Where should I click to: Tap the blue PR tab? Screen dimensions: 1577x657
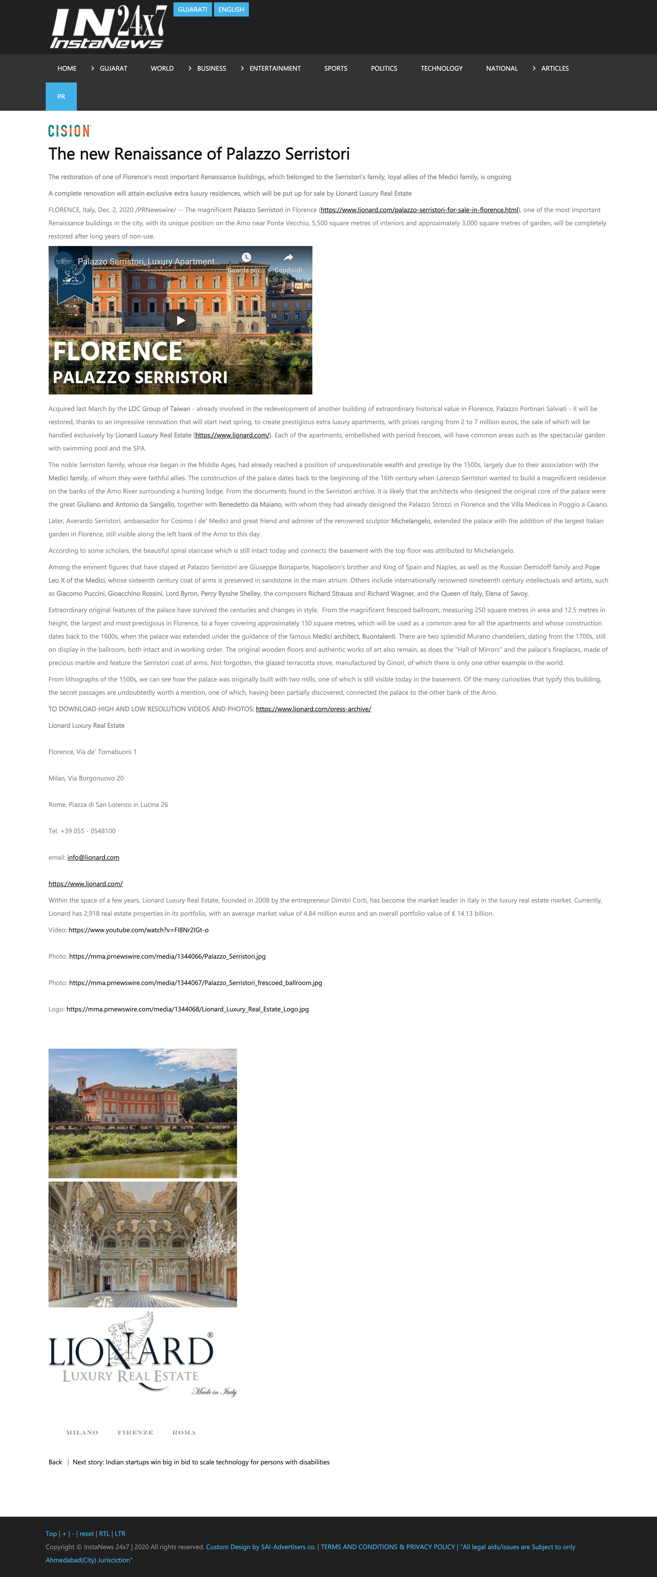pyautogui.click(x=61, y=97)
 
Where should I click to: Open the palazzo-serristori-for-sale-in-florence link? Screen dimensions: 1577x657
pyautogui.click(x=419, y=210)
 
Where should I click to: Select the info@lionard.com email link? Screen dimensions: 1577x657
pyautogui.click(x=93, y=858)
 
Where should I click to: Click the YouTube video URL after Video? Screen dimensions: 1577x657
pyautogui.click(x=138, y=930)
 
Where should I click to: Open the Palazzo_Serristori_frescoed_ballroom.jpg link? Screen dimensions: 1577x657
pyautogui.click(x=195, y=983)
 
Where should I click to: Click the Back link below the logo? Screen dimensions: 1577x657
pyautogui.click(x=55, y=1462)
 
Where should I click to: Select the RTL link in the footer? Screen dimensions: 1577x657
pyautogui.click(x=104, y=1534)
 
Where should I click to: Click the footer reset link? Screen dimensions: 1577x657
pyautogui.click(x=86, y=1534)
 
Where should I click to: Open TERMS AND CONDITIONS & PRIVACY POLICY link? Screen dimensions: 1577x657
pyautogui.click(x=388, y=1547)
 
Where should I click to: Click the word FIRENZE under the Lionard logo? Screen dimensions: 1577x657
pyautogui.click(x=135, y=1433)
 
